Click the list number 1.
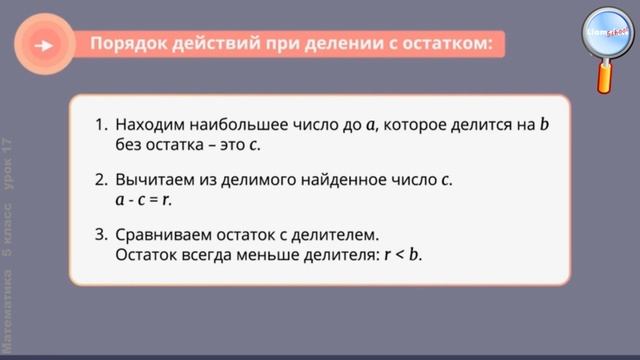coord(100,125)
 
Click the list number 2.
coord(100,181)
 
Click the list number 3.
coord(100,236)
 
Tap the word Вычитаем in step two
coord(152,181)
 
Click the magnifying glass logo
coord(603,33)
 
